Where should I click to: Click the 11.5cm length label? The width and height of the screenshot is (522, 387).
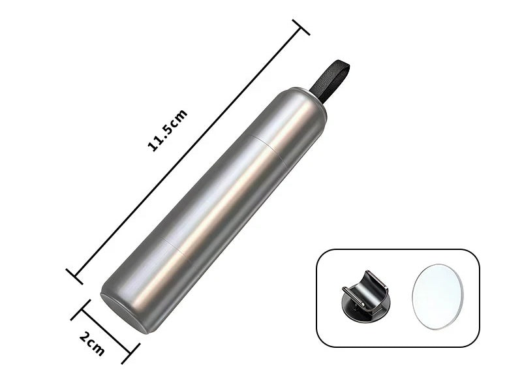168,131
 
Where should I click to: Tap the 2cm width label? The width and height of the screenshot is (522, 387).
92,343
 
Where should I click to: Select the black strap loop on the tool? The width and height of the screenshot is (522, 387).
331,80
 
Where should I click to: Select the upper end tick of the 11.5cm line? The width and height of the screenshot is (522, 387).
301,27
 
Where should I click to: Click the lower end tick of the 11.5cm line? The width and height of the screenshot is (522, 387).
74,276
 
